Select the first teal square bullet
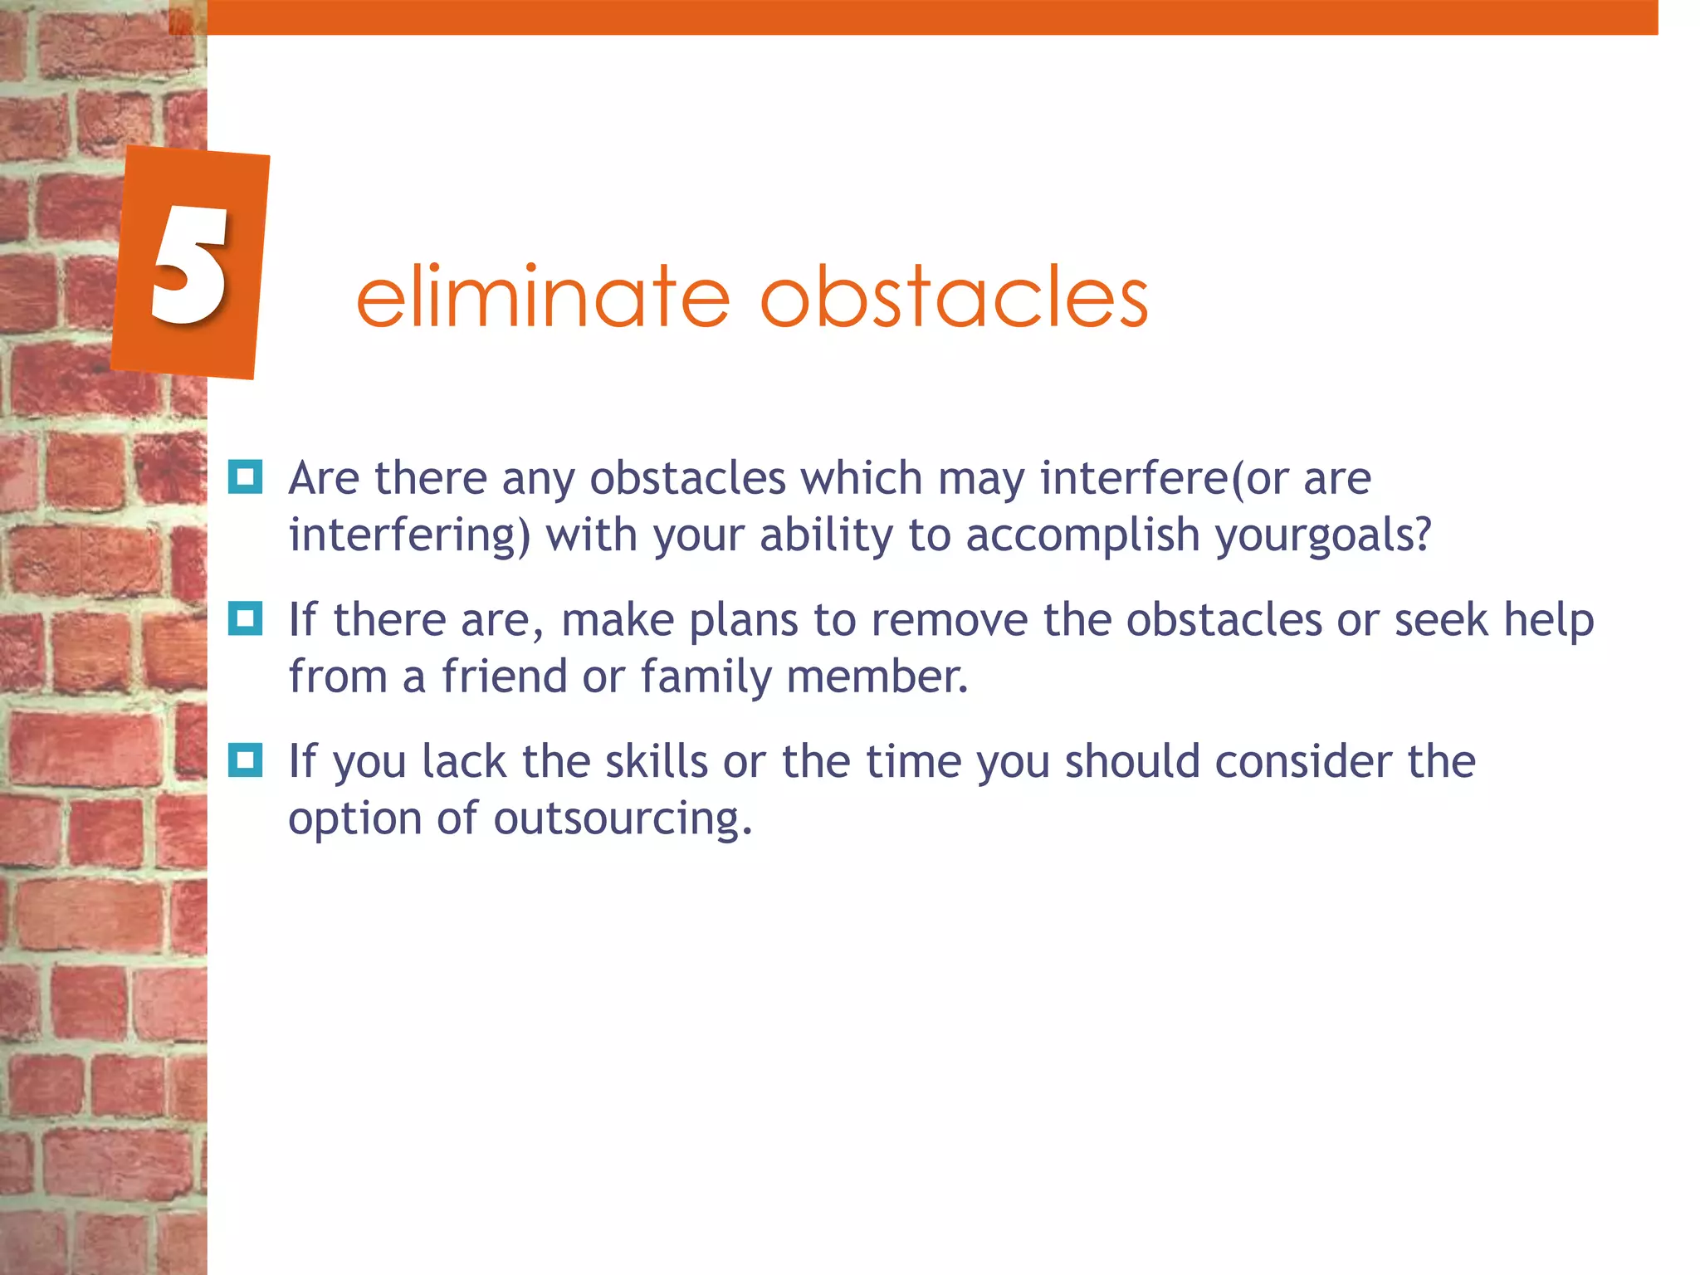click(x=245, y=477)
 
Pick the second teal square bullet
click(x=245, y=618)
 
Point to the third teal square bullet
click(x=245, y=760)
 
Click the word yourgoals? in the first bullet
click(x=1323, y=535)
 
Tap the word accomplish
click(x=1082, y=535)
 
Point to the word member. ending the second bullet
click(x=877, y=677)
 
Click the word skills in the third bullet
click(x=656, y=762)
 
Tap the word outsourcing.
click(x=623, y=819)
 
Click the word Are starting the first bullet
click(x=324, y=479)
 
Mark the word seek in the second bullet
click(x=1440, y=620)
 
